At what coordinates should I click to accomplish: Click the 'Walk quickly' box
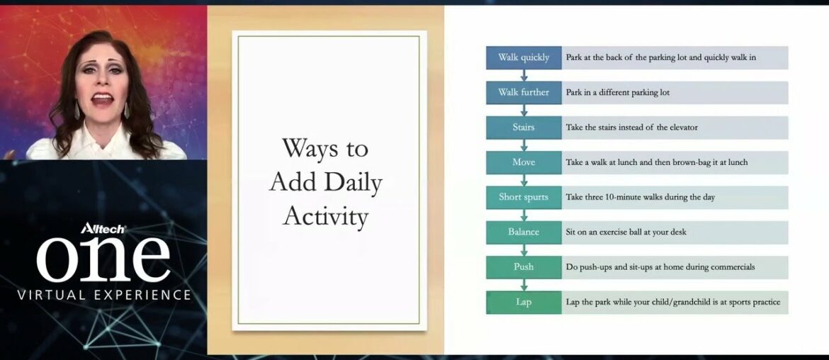coord(524,57)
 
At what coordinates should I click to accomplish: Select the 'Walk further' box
coord(524,92)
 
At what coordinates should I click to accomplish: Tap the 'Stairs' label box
coord(524,128)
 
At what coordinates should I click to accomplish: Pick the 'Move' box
coord(524,162)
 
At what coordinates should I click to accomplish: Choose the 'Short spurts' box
coord(524,197)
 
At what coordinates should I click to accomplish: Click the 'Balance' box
coord(524,232)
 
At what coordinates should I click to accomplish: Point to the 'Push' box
coord(524,267)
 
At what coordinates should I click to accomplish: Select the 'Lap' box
coord(524,302)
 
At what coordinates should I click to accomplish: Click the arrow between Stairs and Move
coord(524,145)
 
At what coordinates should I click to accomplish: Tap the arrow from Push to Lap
coord(524,285)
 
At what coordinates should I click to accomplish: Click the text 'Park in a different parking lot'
coord(617,92)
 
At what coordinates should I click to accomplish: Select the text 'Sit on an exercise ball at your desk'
coord(626,232)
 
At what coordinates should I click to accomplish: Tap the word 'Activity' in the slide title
coord(325,216)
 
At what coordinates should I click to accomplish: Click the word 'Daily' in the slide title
coord(355,183)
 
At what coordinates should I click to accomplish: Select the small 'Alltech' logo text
coord(103,228)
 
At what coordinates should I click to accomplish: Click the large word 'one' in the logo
coord(103,259)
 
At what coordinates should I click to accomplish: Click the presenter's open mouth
coord(102,99)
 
